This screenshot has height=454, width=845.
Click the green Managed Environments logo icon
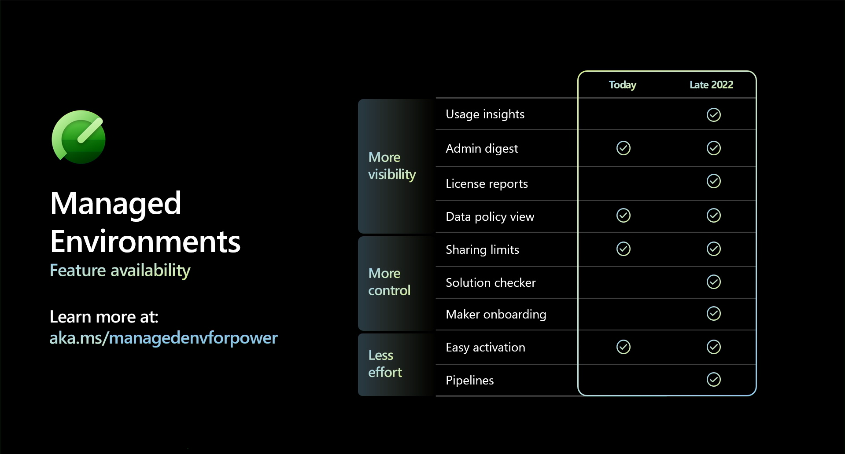[x=78, y=137]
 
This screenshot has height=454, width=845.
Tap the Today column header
[x=622, y=85]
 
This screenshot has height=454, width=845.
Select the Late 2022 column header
[x=711, y=84]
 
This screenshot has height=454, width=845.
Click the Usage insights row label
[x=485, y=114]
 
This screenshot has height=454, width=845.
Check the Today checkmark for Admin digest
[x=623, y=148]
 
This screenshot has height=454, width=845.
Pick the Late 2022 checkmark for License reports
[x=713, y=181]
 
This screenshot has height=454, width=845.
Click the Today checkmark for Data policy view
[x=623, y=216]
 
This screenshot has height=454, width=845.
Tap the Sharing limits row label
[x=482, y=250]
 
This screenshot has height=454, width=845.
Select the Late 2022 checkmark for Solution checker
[x=713, y=282]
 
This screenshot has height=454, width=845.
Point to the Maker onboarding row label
[x=496, y=315]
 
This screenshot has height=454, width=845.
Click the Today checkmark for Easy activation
[x=623, y=347]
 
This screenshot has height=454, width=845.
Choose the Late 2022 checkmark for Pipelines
[x=713, y=380]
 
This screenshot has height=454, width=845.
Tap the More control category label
[x=389, y=282]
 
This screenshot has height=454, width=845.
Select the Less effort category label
[x=385, y=364]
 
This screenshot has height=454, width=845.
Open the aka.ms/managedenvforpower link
[x=163, y=338]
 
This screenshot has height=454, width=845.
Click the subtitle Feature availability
[x=120, y=271]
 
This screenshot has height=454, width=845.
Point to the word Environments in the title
[x=145, y=242]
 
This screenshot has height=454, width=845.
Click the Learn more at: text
[x=104, y=317]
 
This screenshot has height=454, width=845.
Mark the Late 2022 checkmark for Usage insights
[x=713, y=115]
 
